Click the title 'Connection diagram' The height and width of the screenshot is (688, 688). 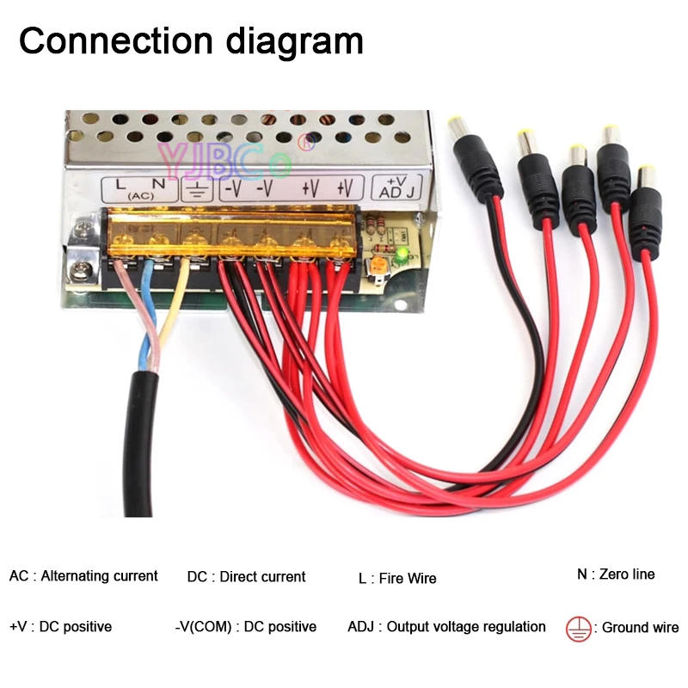tap(191, 40)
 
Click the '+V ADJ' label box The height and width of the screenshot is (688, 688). tap(397, 187)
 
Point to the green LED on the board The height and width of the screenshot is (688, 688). tap(400, 255)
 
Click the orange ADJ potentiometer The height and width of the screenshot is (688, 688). tap(376, 267)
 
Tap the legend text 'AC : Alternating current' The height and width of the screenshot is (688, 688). tap(83, 576)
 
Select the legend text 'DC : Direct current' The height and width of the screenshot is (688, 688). tap(246, 577)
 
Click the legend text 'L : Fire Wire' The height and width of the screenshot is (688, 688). tap(397, 579)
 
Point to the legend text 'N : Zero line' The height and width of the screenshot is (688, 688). tap(616, 574)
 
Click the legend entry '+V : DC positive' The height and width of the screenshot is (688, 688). tap(60, 627)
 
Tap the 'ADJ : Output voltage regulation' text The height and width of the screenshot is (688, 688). tap(446, 627)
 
